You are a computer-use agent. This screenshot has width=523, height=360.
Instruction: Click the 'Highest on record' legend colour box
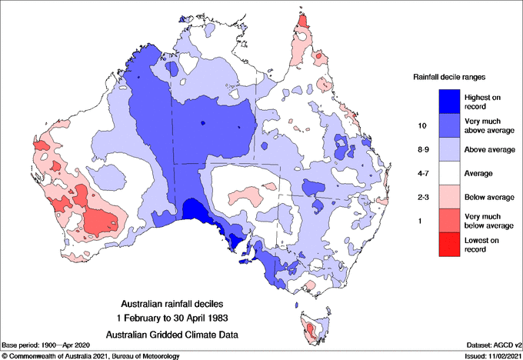coord(448,100)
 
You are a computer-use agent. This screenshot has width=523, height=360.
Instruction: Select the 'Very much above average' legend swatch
coord(448,125)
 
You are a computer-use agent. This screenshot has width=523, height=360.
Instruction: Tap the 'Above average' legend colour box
coord(448,148)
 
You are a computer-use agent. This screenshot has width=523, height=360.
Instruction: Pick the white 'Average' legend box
coord(448,173)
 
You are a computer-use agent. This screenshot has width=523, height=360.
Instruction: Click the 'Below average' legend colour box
coord(448,197)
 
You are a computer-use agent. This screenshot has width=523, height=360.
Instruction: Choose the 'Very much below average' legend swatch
coord(448,222)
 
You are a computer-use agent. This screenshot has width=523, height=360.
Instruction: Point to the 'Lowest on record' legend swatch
coord(448,245)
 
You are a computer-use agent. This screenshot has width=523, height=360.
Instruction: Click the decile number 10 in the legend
coord(421,125)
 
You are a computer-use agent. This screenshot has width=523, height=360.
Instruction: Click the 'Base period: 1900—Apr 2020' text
coord(48,345)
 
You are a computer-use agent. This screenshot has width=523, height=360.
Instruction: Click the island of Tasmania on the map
coord(312,329)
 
